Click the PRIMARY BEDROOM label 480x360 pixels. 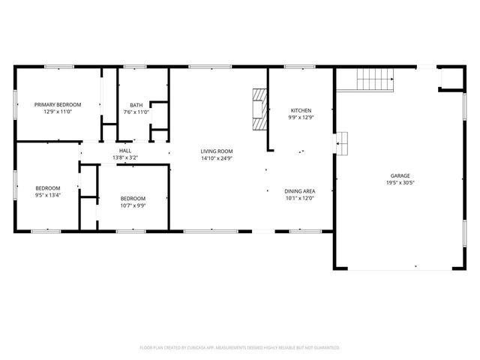point(57,104)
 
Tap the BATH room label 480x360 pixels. point(136,105)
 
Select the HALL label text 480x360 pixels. point(125,151)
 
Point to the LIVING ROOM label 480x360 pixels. point(217,151)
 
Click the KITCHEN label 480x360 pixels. point(301,110)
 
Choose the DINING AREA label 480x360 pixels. point(299,191)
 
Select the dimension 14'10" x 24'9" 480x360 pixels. point(217,158)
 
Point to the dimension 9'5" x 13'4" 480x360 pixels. point(47,195)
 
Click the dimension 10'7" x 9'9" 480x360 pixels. point(133,205)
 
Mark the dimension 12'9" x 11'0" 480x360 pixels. point(57,112)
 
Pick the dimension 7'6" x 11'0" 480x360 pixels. point(136,112)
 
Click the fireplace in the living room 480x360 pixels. point(260,108)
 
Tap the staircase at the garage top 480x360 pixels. point(374,77)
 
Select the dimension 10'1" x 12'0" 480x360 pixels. point(299,199)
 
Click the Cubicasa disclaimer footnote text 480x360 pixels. point(240,347)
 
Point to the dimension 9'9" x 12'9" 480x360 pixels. point(301,118)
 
